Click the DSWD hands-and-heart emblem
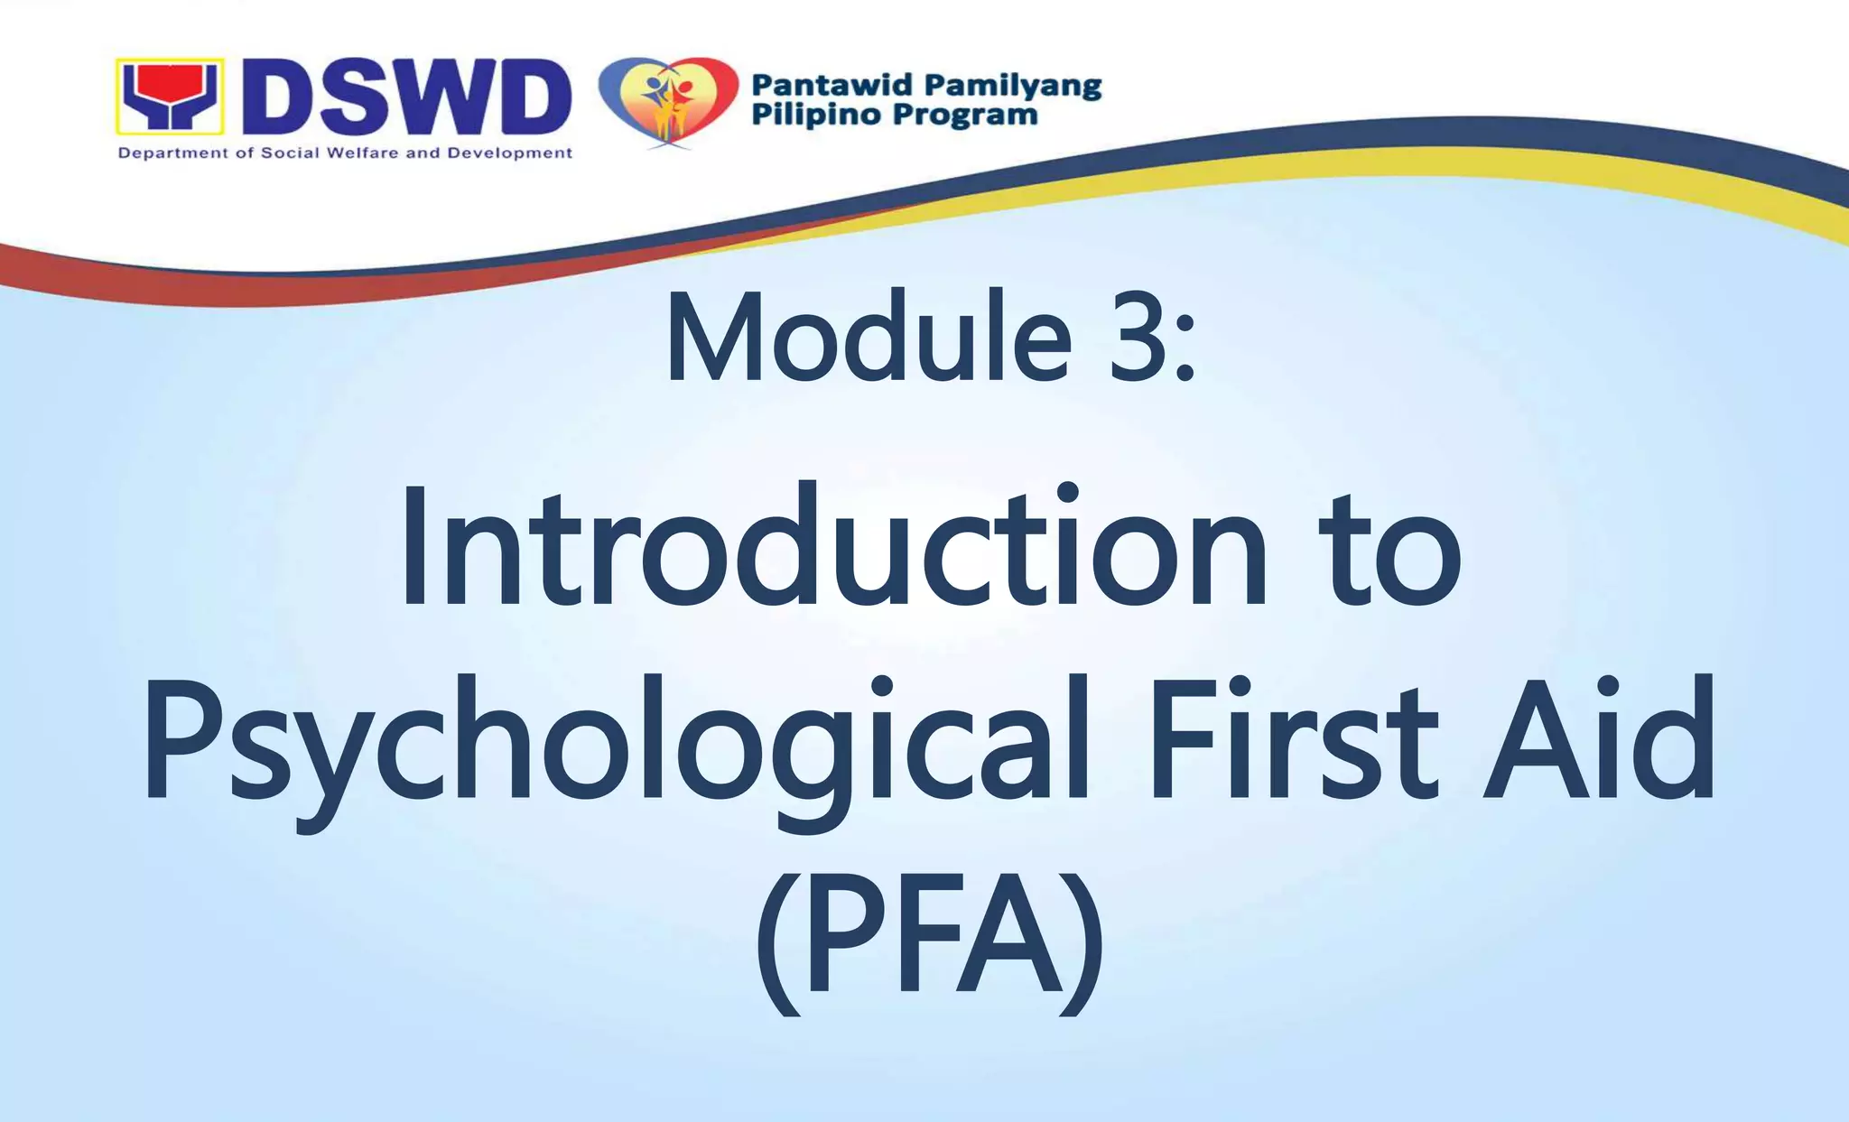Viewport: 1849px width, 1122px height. [x=169, y=96]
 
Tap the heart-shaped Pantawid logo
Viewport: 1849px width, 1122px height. [x=669, y=100]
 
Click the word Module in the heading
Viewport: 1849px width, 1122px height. [x=867, y=338]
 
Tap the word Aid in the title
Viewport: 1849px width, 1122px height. [x=1598, y=740]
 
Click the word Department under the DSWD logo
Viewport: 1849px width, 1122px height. [x=173, y=153]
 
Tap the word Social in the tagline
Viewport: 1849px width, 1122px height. [x=290, y=153]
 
